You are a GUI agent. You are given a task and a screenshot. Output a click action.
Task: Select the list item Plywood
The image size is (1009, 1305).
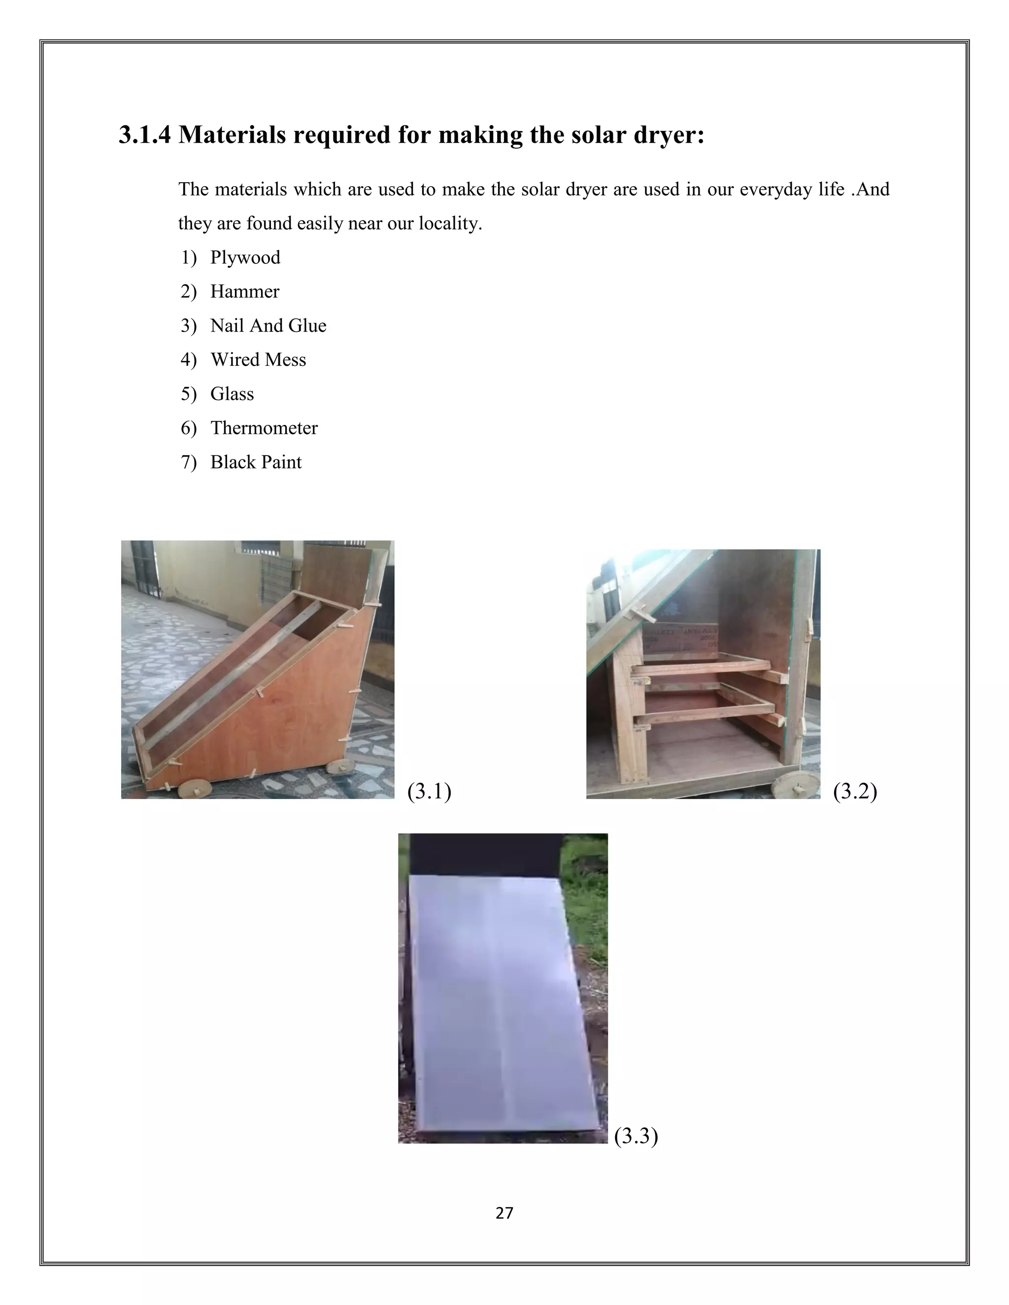point(245,258)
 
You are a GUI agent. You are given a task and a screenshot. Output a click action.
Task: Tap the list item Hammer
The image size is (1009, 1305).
point(244,292)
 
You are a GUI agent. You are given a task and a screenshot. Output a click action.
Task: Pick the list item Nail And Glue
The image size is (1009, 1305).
point(269,326)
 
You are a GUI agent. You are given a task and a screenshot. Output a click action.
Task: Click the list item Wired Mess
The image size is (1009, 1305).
point(258,359)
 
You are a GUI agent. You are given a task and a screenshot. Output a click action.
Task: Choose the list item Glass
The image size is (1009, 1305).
point(232,394)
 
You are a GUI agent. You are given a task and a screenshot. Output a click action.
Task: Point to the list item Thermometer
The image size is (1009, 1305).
point(264,428)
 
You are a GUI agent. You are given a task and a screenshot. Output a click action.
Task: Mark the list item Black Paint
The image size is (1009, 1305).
point(256,462)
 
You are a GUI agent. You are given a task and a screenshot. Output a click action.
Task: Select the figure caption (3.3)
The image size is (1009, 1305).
point(636,1135)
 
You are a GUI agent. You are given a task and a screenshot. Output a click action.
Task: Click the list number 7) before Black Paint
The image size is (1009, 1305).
point(188,462)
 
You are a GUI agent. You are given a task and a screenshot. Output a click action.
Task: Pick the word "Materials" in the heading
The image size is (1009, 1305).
point(233,134)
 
